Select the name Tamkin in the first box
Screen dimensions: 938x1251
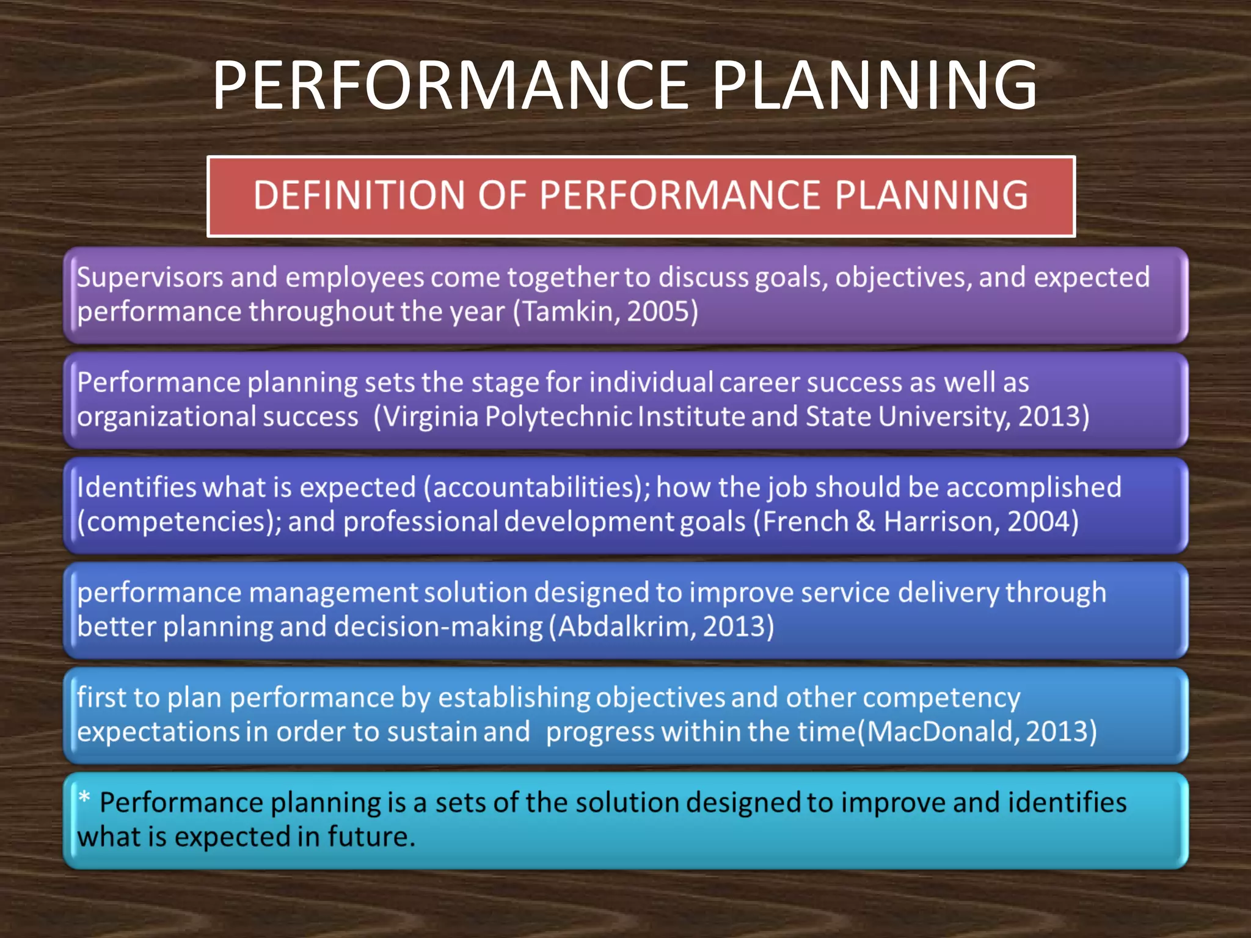pyautogui.click(x=569, y=311)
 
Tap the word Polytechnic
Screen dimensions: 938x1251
pyautogui.click(x=558, y=416)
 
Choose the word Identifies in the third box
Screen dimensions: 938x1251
pyautogui.click(x=136, y=487)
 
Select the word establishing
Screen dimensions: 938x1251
pyautogui.click(x=514, y=697)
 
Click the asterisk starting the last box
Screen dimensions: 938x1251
pyautogui.click(x=84, y=797)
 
